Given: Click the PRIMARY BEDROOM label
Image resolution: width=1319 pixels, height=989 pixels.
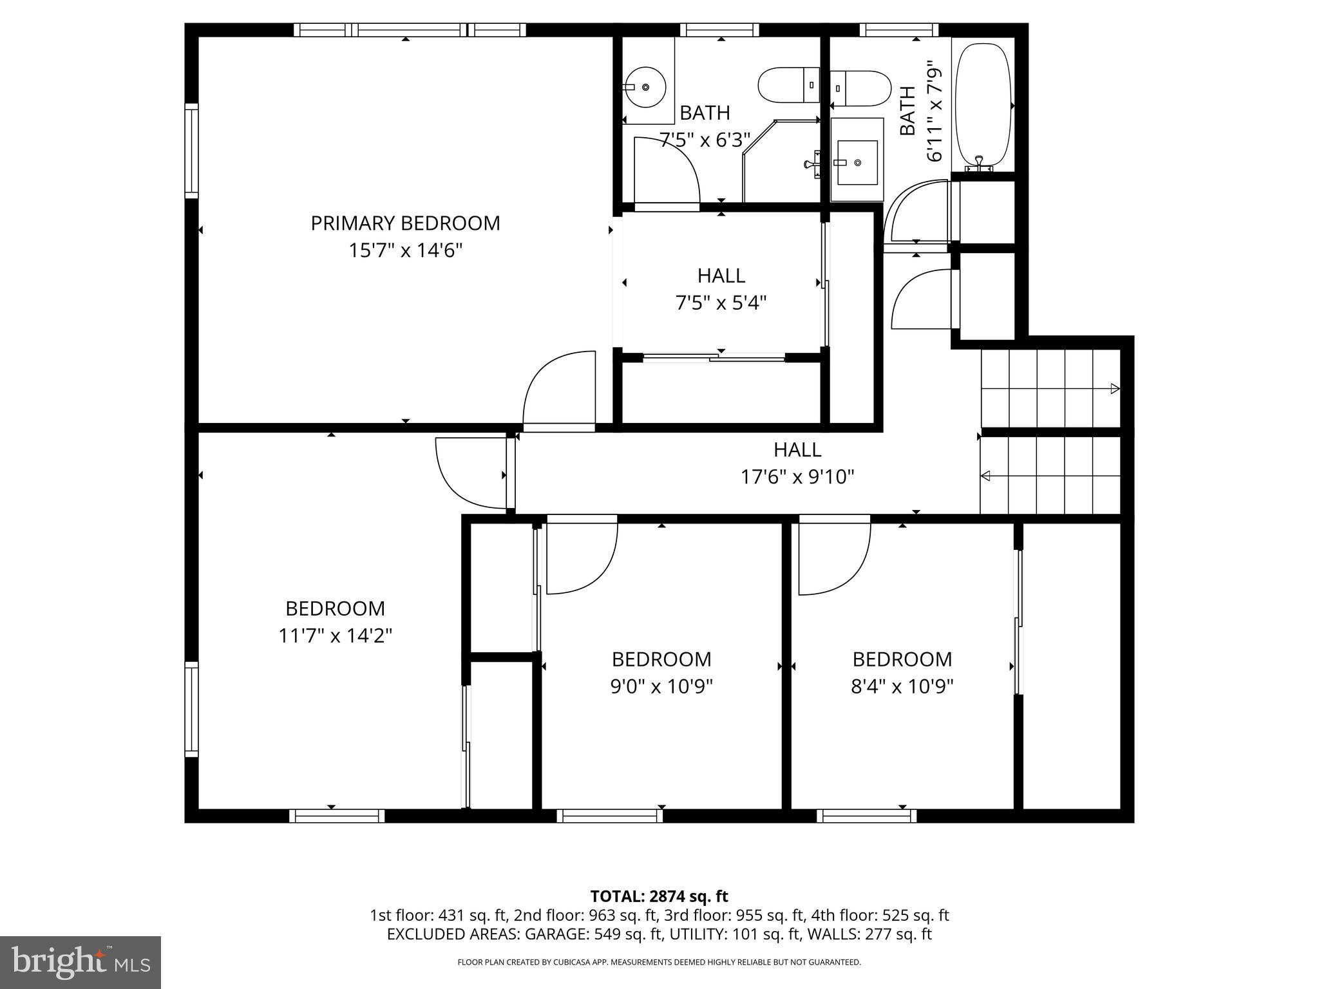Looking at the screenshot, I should (x=405, y=223).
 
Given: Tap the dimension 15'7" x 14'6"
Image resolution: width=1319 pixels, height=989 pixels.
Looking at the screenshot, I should (x=405, y=250).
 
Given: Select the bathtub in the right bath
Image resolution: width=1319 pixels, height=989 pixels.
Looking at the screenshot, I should (x=982, y=105).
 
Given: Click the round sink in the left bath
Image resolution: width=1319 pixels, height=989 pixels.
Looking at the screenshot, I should (x=645, y=87).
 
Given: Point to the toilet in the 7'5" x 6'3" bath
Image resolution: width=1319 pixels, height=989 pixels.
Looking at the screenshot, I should (x=788, y=85).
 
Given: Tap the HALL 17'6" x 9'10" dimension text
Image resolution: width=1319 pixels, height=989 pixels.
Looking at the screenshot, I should (x=797, y=477).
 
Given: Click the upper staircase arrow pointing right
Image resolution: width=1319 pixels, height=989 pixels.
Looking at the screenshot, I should (x=1114, y=389).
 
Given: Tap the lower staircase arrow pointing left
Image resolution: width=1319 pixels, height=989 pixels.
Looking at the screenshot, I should (x=986, y=476).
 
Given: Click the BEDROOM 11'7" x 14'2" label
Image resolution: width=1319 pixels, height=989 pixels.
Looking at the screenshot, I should (x=335, y=608).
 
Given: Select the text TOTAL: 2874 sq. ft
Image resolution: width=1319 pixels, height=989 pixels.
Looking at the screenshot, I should (x=659, y=896).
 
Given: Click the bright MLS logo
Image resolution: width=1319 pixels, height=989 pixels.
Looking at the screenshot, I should (x=81, y=962).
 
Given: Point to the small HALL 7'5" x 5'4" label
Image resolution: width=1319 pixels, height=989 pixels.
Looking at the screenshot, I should (x=721, y=276).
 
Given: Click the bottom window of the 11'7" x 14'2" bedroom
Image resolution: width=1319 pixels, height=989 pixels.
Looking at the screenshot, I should (x=337, y=816).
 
